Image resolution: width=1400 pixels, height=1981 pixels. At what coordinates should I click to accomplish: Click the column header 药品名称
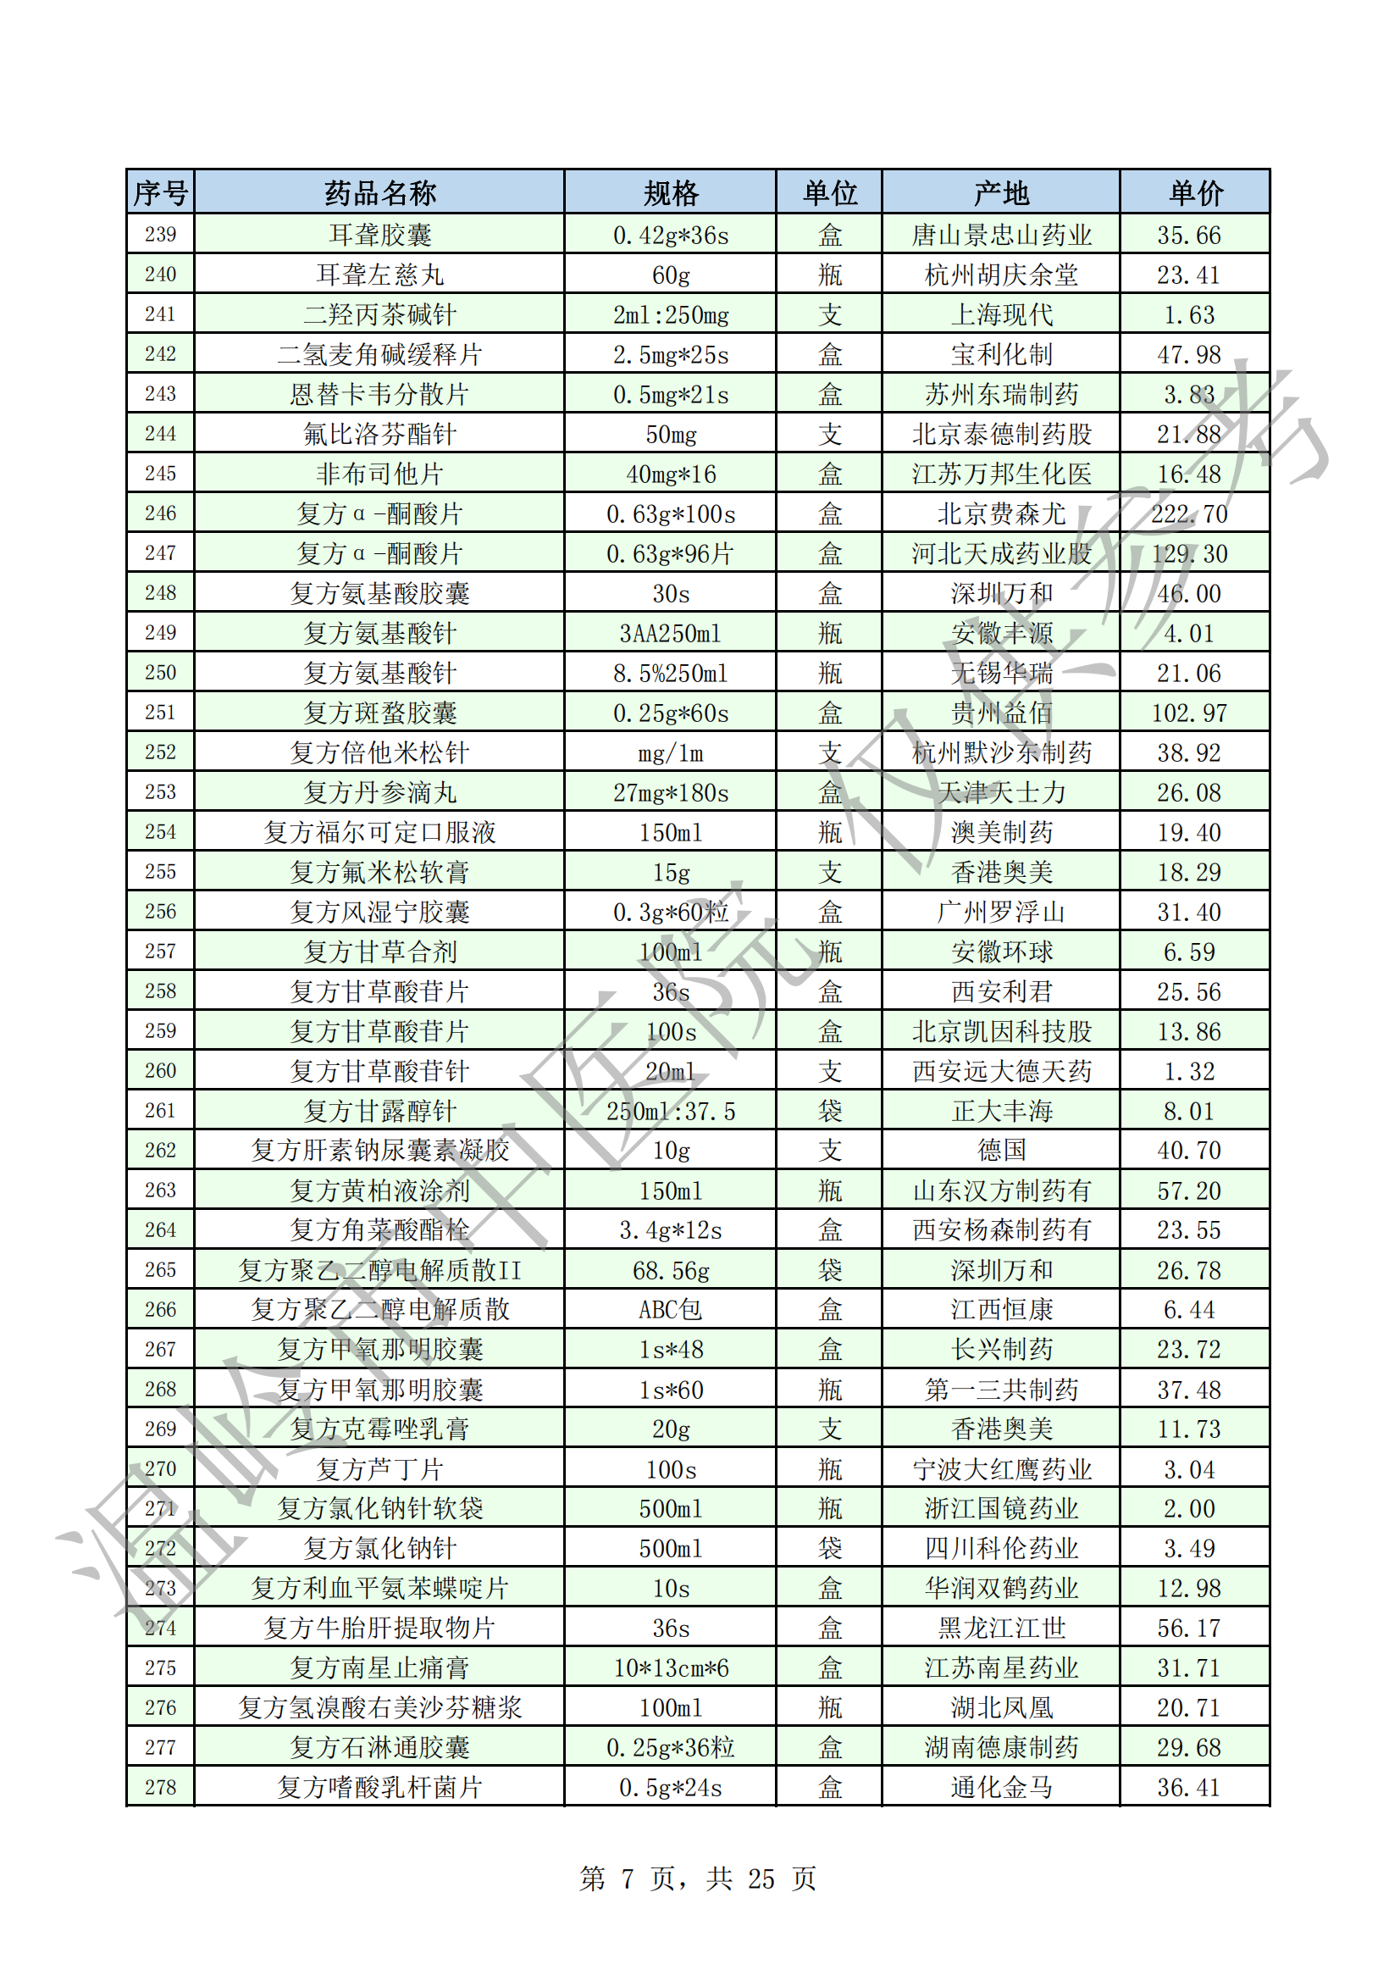coord(379,192)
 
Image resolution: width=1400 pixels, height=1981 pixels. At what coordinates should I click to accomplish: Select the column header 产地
coord(1000,192)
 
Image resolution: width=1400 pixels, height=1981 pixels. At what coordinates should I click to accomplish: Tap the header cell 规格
coord(670,192)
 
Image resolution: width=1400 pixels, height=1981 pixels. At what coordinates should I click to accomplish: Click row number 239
coord(160,235)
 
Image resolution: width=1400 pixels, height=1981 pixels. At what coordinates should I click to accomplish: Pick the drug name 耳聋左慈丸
coord(379,275)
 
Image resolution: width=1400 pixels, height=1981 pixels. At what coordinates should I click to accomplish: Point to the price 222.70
coord(1188,514)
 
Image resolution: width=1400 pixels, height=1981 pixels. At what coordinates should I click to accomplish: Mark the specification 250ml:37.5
coord(670,1112)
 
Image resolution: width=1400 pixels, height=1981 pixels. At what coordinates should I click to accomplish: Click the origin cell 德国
coord(1000,1150)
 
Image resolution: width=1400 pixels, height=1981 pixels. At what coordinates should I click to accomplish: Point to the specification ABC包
coord(670,1310)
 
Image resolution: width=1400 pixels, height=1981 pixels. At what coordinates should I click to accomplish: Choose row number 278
coord(160,1787)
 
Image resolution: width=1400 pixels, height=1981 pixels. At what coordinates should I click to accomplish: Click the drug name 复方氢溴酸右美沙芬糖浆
coord(379,1707)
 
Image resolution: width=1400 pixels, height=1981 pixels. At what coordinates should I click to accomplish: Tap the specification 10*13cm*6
coord(670,1667)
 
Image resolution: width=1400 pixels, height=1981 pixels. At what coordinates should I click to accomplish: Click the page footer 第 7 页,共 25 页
coord(698,1878)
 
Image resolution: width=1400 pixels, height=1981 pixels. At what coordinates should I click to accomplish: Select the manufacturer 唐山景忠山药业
coord(1000,235)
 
